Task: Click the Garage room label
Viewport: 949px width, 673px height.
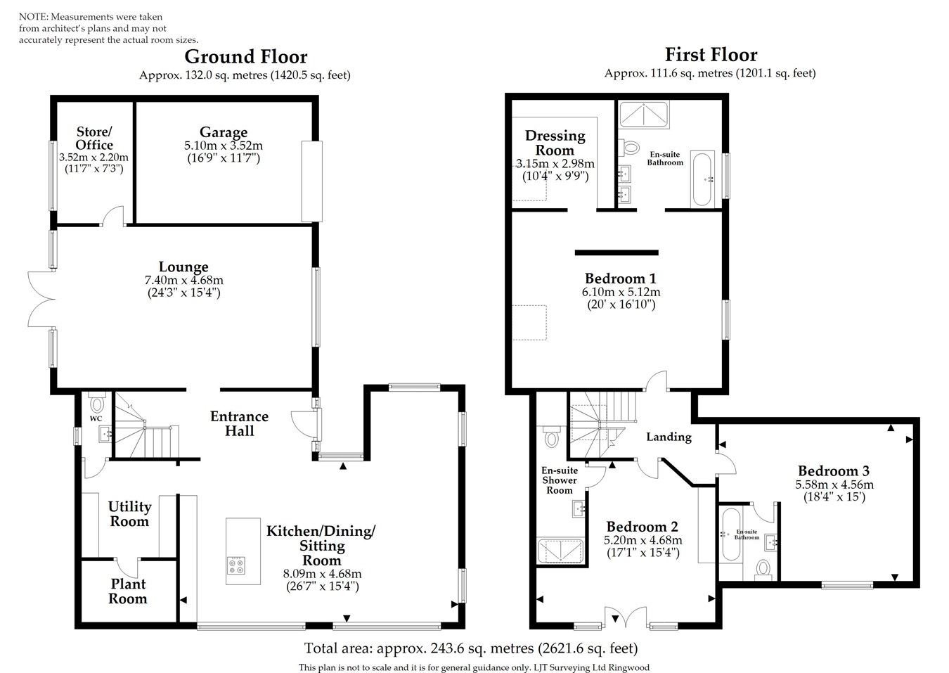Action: [x=224, y=132]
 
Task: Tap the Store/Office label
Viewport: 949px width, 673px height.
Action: [x=94, y=138]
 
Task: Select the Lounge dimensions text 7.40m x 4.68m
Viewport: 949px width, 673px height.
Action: [x=183, y=280]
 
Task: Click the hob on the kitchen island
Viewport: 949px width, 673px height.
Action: [x=236, y=566]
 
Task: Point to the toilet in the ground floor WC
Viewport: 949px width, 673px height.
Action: [x=97, y=405]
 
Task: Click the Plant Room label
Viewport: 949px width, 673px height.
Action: [x=128, y=591]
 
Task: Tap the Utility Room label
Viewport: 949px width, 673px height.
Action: [x=129, y=514]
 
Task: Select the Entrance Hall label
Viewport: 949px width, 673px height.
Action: [x=239, y=423]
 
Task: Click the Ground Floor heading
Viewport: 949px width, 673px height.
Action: [x=245, y=56]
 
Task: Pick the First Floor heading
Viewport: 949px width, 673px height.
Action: [x=711, y=55]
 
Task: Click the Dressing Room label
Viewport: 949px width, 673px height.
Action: [x=555, y=143]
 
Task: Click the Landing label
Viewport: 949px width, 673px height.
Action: [x=669, y=437]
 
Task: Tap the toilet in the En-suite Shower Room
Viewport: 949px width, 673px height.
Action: [x=551, y=437]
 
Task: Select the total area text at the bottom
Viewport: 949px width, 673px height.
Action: [x=470, y=648]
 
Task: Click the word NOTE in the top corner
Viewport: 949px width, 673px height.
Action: [x=32, y=16]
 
